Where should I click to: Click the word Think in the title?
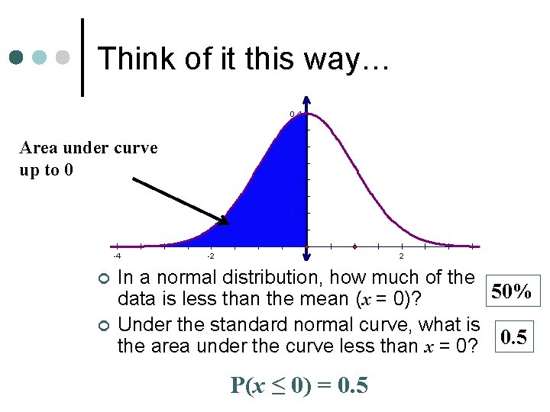(x=134, y=58)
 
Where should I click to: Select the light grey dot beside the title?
(x=63, y=58)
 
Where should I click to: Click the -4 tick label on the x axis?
(x=116, y=256)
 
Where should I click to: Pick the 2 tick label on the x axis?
(x=402, y=256)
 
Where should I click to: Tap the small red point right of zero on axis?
(x=355, y=246)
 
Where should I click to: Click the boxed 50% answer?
(x=511, y=291)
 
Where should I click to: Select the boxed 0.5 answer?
(x=511, y=336)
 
